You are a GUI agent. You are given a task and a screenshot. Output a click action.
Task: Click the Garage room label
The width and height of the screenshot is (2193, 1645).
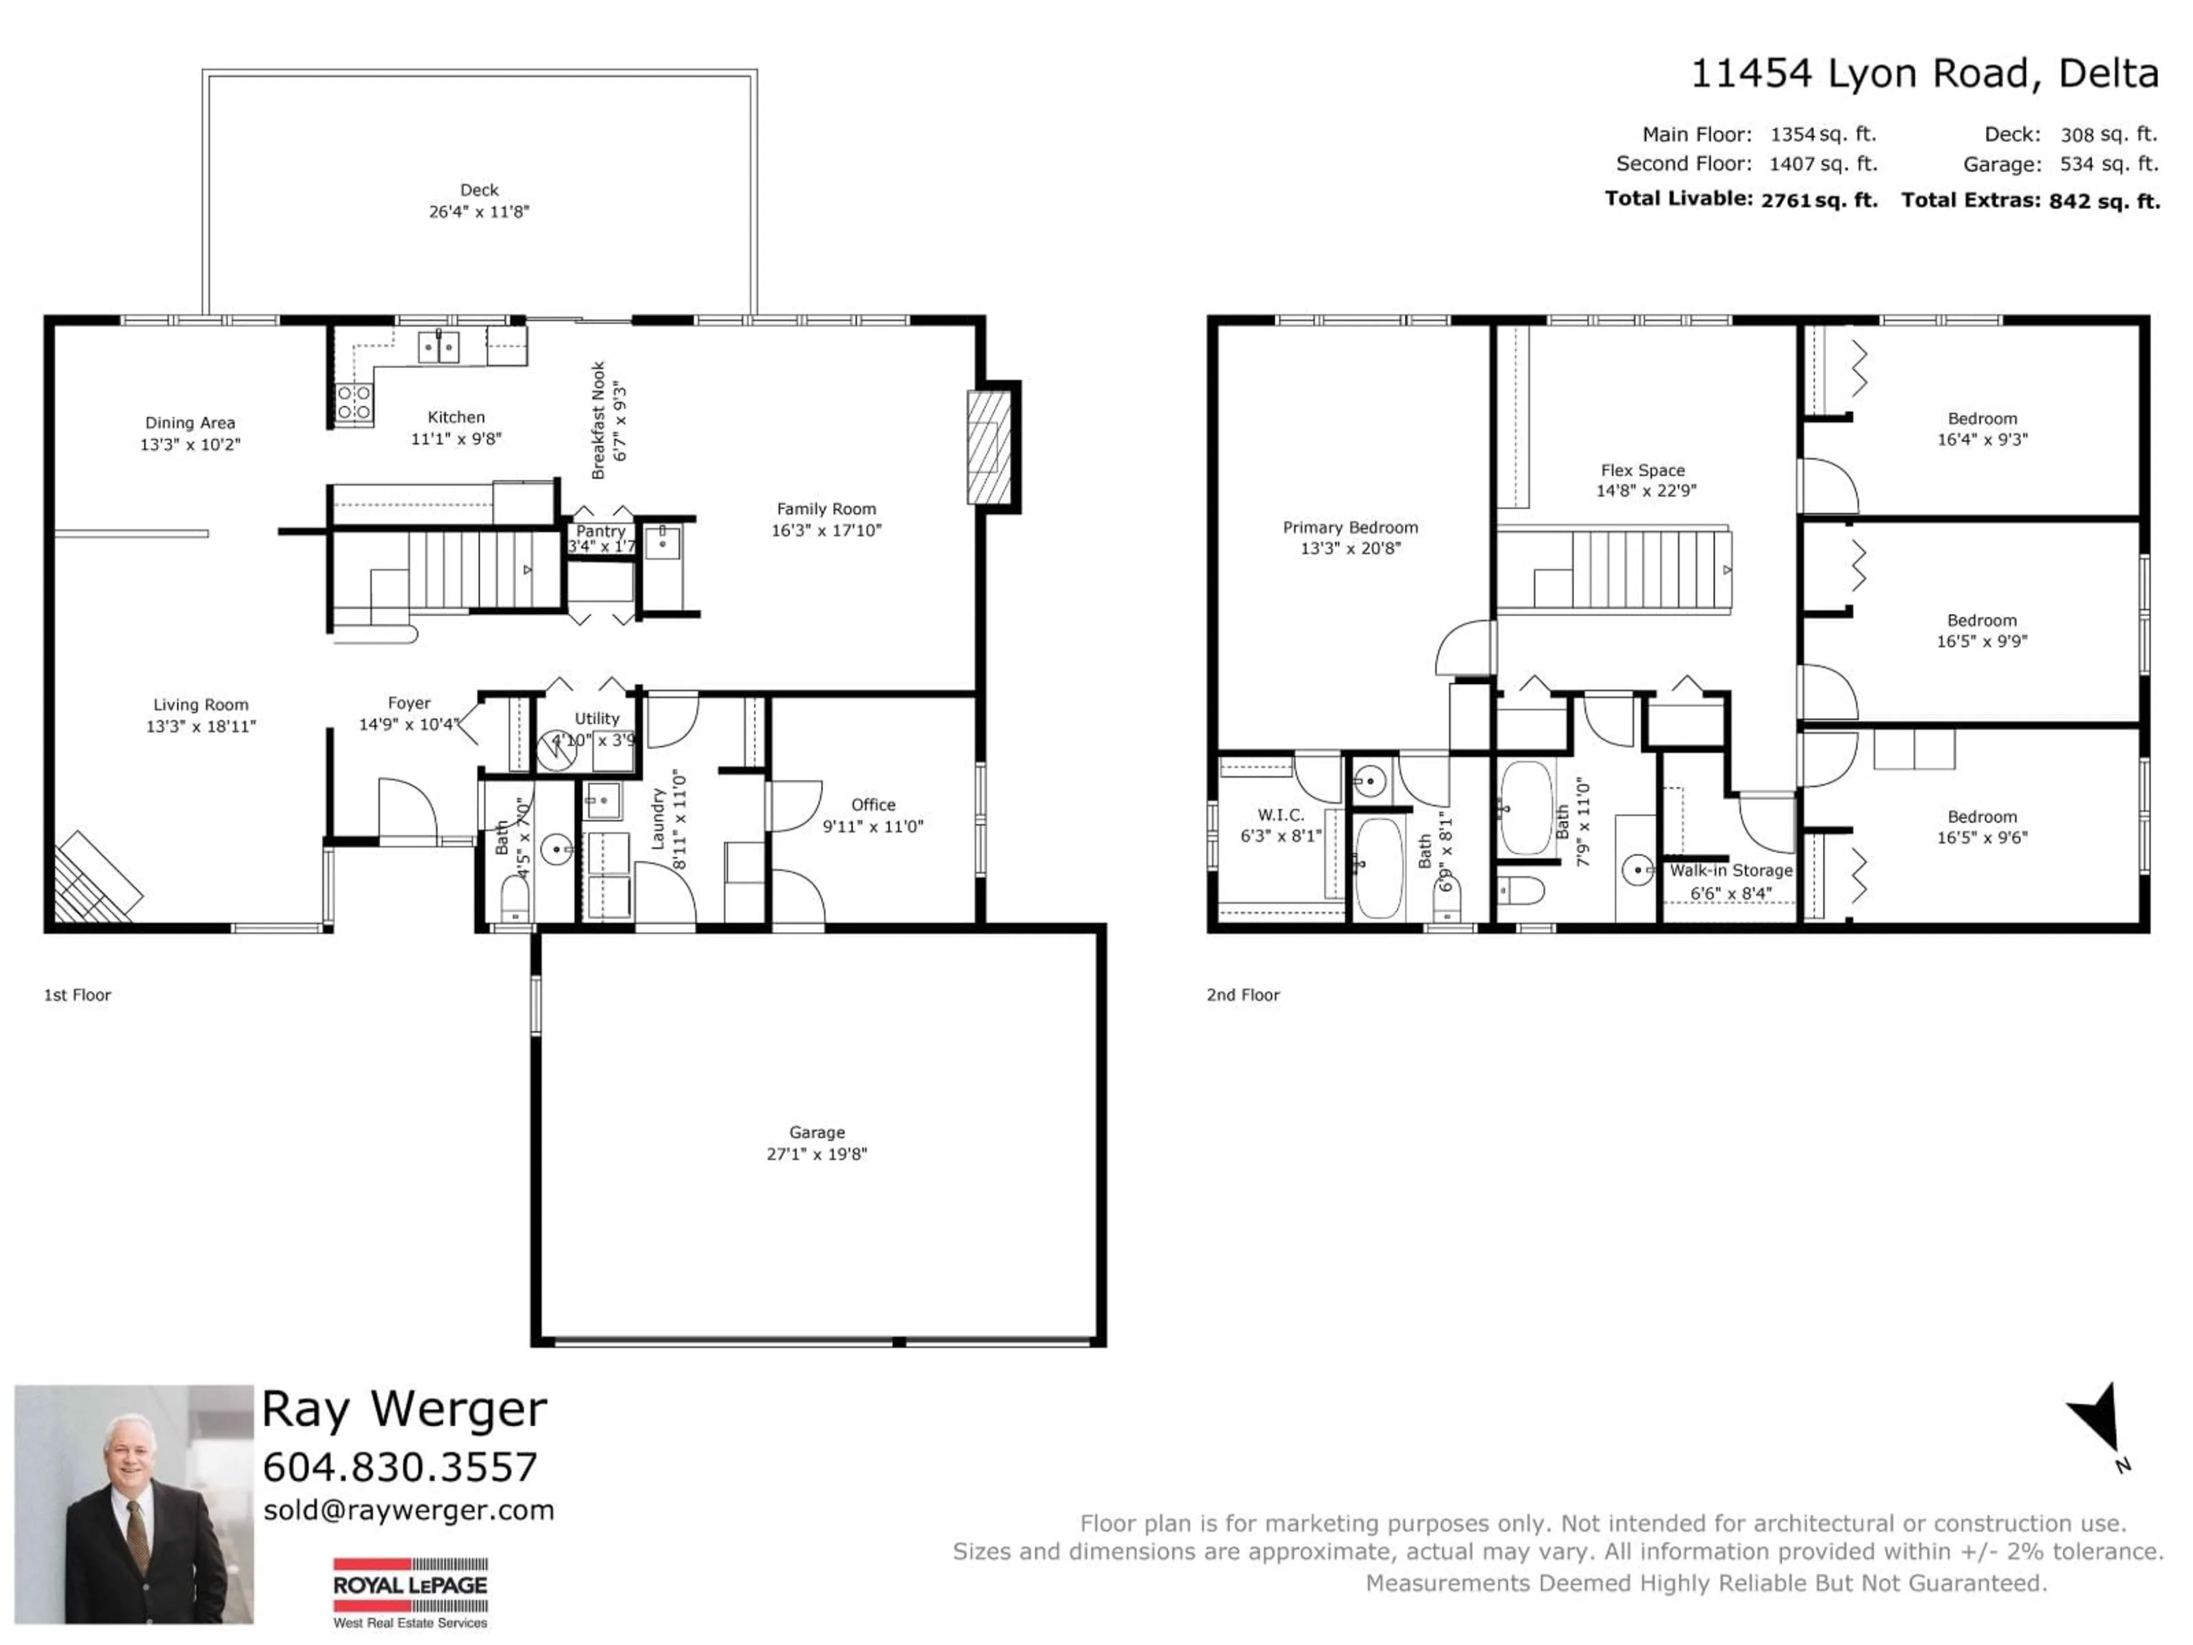817,1132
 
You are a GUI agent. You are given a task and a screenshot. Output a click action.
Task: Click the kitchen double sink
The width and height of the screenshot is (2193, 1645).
438,347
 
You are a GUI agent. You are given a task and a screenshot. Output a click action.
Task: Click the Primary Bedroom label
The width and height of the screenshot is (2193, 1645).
1349,528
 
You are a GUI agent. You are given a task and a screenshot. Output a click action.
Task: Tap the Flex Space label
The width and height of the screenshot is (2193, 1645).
1643,470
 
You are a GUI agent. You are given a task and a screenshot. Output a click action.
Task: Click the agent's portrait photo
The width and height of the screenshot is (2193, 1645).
134,1503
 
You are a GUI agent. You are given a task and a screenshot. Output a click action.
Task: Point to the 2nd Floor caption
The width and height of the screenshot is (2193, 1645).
1242,994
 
